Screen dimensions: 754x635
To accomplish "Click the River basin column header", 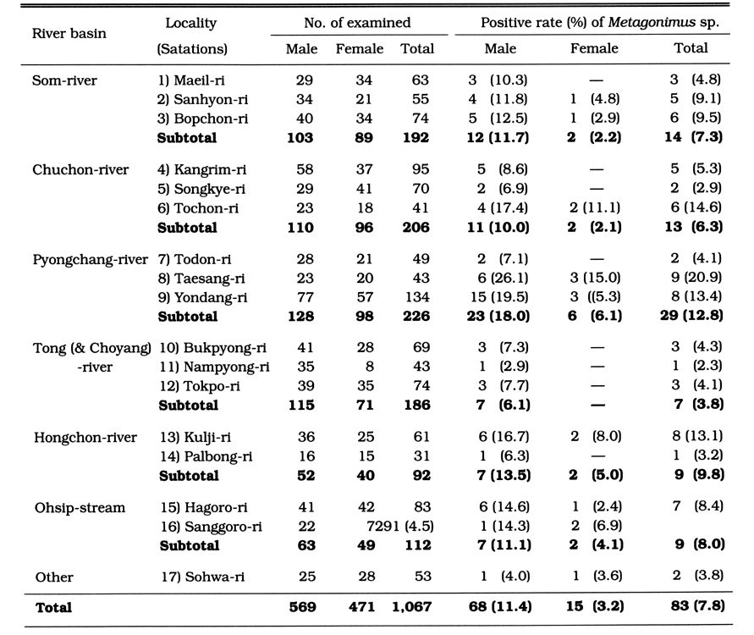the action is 69,34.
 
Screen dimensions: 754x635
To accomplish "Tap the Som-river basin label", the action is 64,80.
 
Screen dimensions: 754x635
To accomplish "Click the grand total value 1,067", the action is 411,606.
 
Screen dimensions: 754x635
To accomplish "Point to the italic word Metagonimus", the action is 652,23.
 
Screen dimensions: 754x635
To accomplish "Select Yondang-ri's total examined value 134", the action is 417,297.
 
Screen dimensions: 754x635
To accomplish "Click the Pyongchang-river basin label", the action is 91,260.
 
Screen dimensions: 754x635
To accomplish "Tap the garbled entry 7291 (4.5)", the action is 400,526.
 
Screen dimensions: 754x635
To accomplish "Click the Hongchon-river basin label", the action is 85,437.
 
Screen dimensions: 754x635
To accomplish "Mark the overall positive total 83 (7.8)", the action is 698,605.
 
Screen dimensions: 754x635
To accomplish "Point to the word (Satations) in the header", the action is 192,49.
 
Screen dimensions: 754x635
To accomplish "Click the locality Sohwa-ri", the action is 203,577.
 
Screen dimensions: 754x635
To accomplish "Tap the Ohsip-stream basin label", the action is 80,508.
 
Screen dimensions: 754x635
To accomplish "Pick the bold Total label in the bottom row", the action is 53,607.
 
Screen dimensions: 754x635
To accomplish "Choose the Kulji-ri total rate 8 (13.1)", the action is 697,436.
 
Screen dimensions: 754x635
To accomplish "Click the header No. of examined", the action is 357,23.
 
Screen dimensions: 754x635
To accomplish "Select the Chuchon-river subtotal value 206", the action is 416,227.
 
